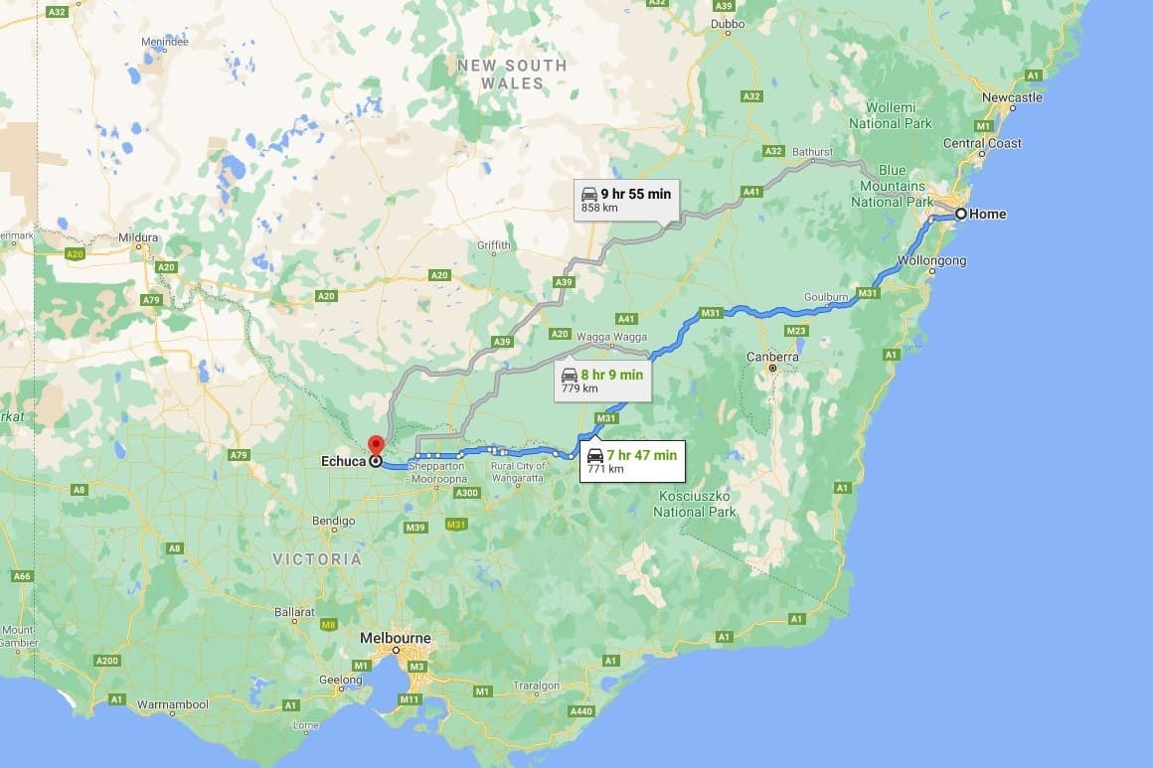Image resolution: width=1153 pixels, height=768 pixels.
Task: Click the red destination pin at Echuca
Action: point(376,446)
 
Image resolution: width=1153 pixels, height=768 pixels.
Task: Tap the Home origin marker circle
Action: point(961,214)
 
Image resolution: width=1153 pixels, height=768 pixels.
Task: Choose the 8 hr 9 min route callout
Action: point(602,381)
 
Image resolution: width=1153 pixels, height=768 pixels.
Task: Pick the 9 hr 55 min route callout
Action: point(625,200)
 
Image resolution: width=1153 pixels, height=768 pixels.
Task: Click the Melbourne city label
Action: point(396,638)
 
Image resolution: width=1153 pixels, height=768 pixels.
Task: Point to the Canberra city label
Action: point(772,357)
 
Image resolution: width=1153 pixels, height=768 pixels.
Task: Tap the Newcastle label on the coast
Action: point(1012,97)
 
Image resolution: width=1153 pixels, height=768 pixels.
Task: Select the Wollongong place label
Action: point(931,261)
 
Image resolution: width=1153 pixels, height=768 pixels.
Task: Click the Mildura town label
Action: point(138,238)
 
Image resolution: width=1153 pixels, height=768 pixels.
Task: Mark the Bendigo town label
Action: point(333,521)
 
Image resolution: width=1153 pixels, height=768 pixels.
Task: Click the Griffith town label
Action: point(494,245)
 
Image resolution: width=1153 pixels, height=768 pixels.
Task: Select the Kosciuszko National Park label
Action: point(694,504)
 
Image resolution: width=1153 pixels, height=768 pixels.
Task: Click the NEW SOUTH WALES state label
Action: point(512,75)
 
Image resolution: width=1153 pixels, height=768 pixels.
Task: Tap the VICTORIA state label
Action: point(317,559)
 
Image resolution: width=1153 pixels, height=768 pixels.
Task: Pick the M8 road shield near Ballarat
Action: point(329,624)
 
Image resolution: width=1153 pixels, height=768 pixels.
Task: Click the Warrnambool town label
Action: point(173,704)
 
